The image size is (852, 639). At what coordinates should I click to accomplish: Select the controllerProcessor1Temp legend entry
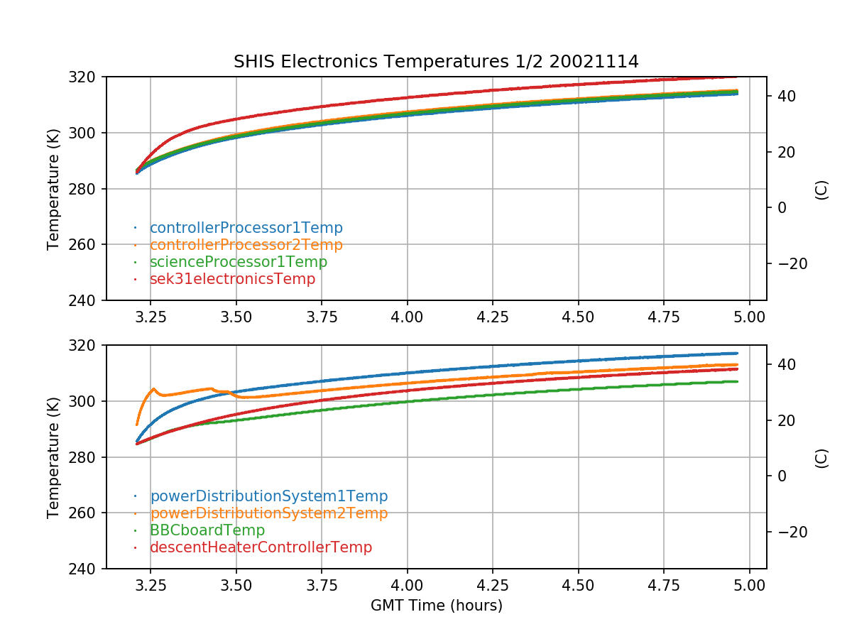point(246,228)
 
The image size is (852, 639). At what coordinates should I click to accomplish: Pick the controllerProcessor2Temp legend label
point(246,245)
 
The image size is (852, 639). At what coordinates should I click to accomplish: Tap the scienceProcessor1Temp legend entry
point(238,262)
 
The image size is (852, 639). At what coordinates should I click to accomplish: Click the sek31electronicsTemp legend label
point(232,279)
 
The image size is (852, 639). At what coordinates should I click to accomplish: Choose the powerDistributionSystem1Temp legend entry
point(268,496)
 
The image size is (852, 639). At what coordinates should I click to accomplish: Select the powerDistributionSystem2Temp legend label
point(268,513)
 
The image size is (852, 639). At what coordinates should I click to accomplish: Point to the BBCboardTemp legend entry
point(207,530)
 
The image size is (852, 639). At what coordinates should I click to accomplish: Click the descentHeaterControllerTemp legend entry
point(261,547)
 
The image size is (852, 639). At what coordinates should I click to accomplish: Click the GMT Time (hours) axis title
point(436,606)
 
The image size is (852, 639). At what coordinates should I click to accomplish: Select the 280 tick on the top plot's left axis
point(87,189)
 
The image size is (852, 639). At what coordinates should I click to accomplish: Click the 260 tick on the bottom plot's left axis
point(87,513)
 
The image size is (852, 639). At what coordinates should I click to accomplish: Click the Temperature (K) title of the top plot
point(53,189)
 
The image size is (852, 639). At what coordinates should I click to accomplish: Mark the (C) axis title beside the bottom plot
point(821,457)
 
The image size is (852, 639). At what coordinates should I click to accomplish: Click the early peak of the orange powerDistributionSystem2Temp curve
point(153,389)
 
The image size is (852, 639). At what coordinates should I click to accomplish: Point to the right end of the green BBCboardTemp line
point(737,382)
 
